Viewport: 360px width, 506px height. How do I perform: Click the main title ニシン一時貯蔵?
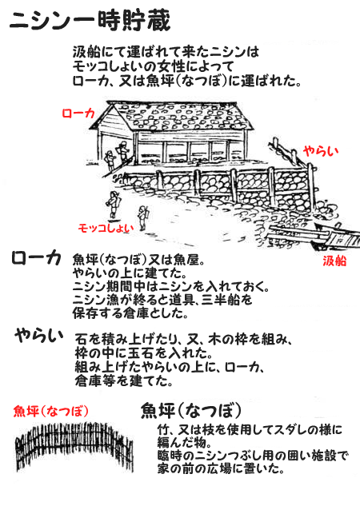(x=90, y=21)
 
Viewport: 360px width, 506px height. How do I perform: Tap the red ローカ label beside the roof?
(x=78, y=114)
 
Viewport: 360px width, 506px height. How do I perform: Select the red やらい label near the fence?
(x=321, y=150)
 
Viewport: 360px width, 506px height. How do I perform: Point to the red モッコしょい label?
(x=106, y=228)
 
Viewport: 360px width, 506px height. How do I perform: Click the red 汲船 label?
(x=334, y=261)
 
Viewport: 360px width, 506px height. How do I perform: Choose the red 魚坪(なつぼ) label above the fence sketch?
(x=50, y=411)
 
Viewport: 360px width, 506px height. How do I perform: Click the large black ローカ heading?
(x=36, y=258)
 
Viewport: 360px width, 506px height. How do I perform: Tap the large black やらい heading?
(x=38, y=336)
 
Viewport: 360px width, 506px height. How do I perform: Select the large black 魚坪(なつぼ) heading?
(x=191, y=410)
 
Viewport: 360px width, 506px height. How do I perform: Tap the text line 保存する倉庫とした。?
(x=130, y=313)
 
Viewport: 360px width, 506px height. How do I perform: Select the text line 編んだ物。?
(x=184, y=442)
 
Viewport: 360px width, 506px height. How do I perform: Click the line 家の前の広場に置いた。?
(x=221, y=468)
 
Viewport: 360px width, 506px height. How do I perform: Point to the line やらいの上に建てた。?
(x=130, y=273)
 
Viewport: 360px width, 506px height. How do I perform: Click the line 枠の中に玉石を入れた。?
(x=143, y=353)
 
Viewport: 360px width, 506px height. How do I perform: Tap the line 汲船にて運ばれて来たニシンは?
(x=166, y=52)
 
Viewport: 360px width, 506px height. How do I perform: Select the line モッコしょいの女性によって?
(x=153, y=66)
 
